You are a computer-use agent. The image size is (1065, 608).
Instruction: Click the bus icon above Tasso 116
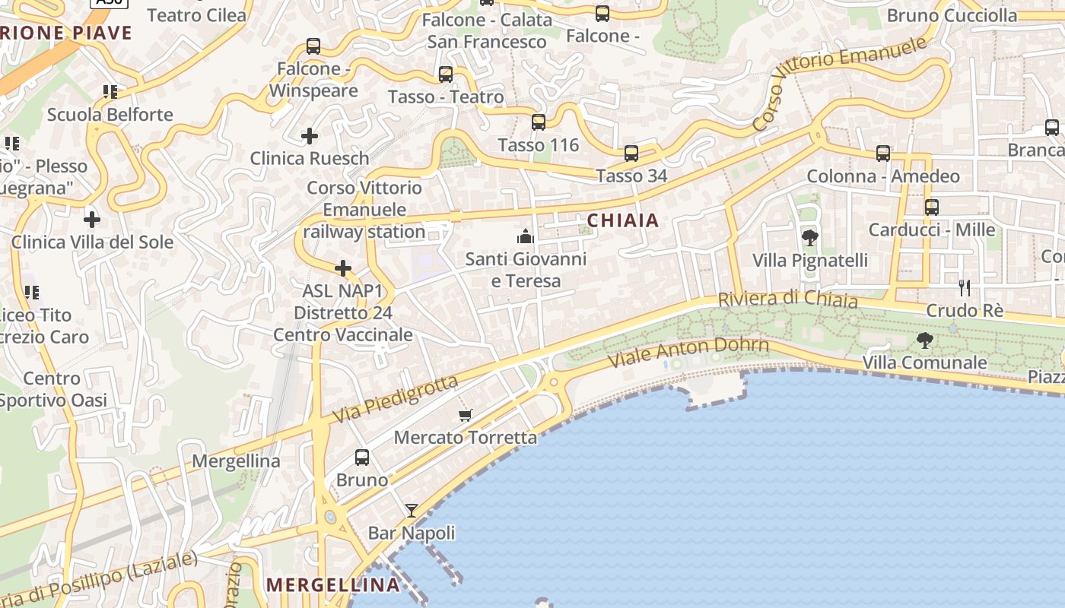[539, 122]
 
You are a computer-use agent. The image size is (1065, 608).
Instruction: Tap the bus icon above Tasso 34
[631, 154]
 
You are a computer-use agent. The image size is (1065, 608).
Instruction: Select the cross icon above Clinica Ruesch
[310, 136]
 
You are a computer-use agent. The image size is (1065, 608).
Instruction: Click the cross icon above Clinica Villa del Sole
[92, 220]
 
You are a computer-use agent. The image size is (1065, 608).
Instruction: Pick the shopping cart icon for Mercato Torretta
[466, 415]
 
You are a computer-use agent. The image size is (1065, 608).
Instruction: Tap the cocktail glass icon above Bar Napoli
[412, 510]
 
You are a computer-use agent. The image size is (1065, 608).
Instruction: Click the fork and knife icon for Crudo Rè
[965, 287]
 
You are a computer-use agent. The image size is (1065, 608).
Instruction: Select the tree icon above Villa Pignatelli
[809, 238]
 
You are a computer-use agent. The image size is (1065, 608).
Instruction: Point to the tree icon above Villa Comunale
[924, 340]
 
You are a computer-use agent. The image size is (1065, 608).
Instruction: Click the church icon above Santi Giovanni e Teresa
[526, 236]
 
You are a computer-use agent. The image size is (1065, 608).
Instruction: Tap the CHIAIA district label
[623, 220]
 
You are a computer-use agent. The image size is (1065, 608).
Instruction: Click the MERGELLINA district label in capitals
[334, 584]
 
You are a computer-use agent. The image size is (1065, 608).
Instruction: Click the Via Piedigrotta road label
[396, 399]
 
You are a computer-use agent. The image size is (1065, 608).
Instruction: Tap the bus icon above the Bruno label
[362, 458]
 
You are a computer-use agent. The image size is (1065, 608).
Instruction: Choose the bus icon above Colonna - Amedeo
[882, 154]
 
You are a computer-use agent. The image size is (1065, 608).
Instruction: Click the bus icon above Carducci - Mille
[931, 207]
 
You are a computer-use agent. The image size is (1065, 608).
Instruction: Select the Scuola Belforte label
[110, 115]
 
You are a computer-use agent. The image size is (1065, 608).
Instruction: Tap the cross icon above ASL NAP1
[343, 268]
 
